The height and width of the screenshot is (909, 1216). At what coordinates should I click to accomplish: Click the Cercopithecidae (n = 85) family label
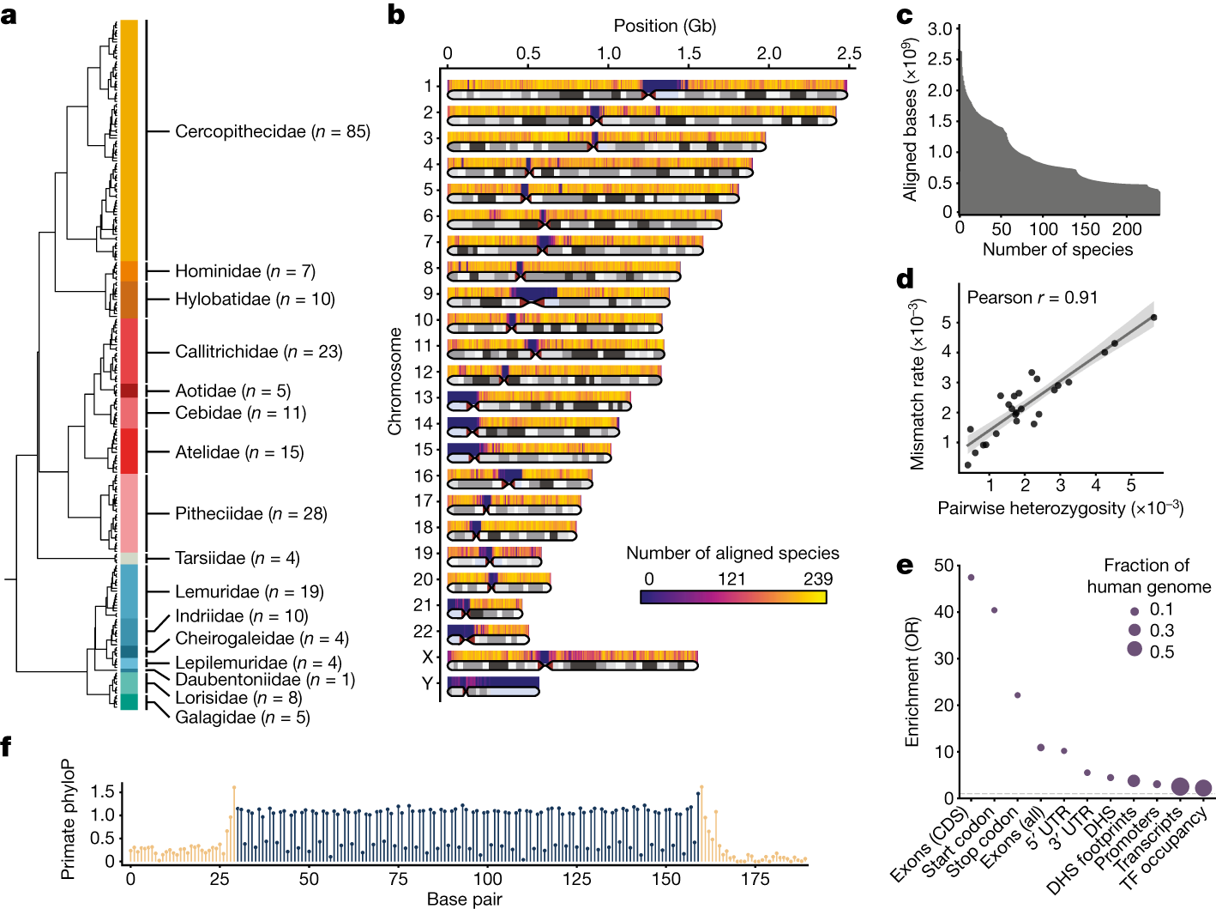tap(272, 131)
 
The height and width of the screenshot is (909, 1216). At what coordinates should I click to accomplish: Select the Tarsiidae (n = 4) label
tap(238, 559)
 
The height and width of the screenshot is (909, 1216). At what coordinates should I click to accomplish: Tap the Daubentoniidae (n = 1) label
tap(265, 680)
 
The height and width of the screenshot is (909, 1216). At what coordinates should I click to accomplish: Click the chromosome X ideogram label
tap(427, 658)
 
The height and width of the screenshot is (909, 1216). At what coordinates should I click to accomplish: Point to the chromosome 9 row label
tap(427, 294)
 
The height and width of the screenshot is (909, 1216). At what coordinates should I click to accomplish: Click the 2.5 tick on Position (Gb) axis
tap(849, 53)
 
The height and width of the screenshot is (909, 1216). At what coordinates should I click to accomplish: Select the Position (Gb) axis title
tap(665, 26)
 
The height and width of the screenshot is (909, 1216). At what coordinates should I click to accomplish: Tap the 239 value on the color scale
tap(817, 579)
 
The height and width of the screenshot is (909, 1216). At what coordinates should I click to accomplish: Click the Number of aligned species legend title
tap(732, 554)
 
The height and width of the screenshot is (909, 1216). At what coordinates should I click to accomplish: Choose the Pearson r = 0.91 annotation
tap(1032, 298)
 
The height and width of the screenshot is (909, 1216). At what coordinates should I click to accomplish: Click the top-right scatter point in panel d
tap(1153, 318)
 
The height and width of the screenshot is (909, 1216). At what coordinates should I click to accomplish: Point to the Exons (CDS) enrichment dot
tap(971, 578)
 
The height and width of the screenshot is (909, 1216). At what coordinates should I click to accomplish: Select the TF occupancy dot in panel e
tap(1203, 788)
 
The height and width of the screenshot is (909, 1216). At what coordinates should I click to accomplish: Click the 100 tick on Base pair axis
tap(487, 879)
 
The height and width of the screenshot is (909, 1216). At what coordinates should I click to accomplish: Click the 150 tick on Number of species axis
tap(1085, 229)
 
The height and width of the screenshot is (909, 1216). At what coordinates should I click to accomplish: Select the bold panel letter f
tap(7, 747)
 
